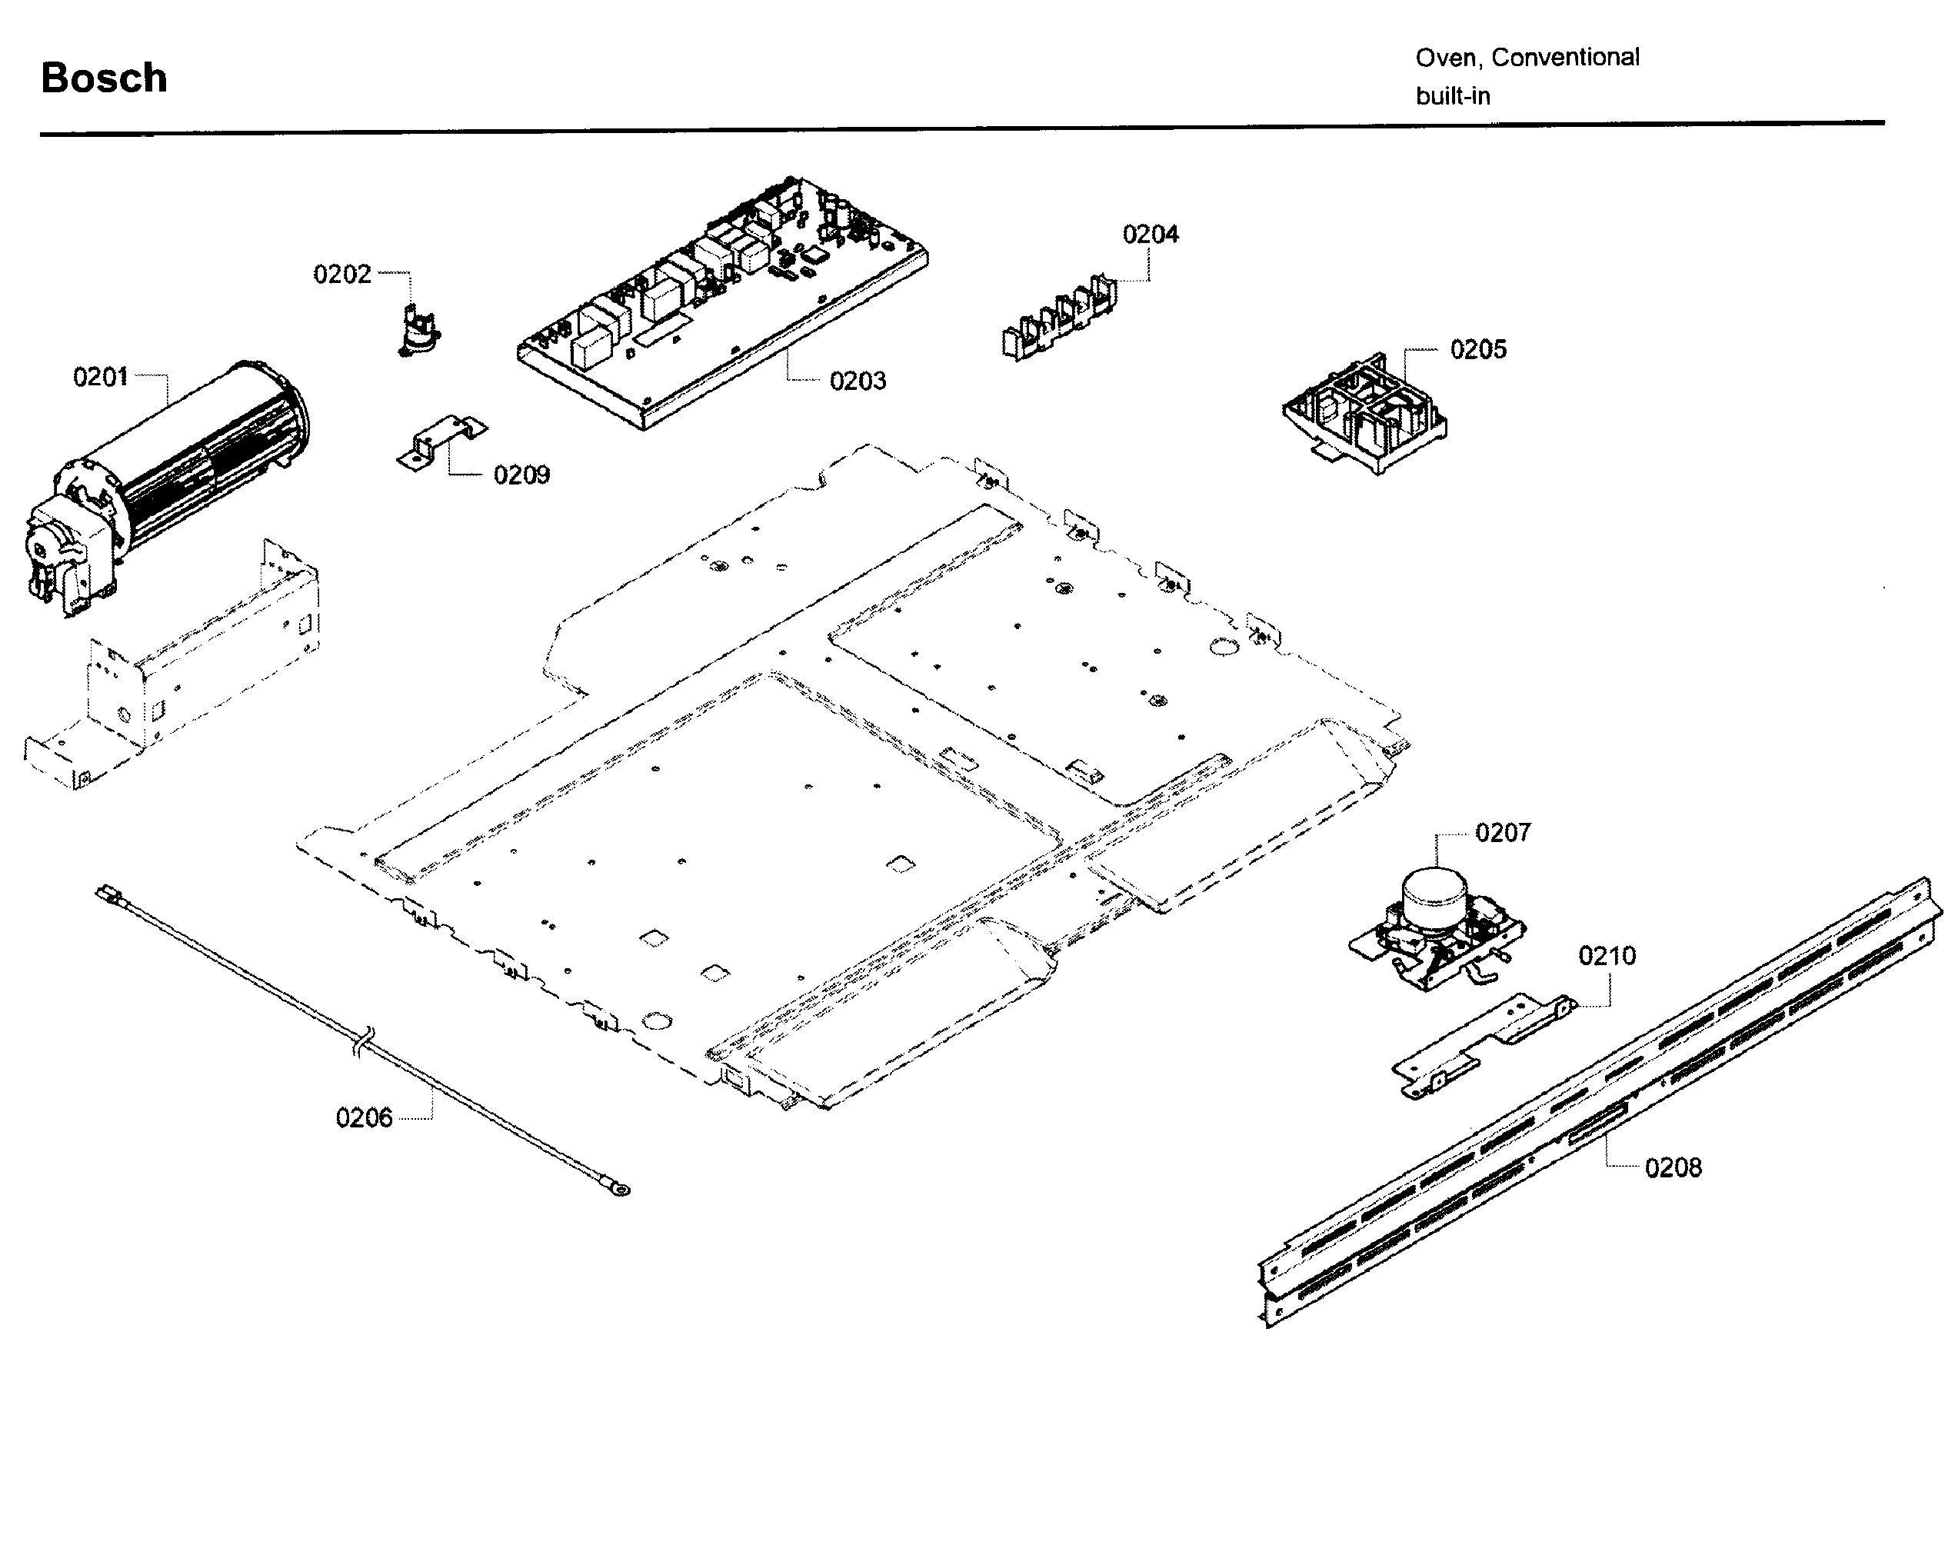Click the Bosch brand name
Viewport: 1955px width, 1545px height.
[104, 78]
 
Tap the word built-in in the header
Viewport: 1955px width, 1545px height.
[1452, 96]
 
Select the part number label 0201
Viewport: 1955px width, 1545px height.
[101, 376]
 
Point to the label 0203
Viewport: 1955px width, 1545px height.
[857, 381]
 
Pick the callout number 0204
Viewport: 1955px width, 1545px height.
[1150, 235]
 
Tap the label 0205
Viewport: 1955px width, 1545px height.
[1477, 349]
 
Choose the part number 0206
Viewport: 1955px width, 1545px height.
[364, 1118]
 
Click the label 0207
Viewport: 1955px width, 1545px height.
[1503, 832]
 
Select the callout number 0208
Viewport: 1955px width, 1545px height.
[1673, 1168]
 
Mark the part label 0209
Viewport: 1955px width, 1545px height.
[521, 475]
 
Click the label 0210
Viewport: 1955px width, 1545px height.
[1607, 956]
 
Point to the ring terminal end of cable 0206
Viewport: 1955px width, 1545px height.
[621, 1190]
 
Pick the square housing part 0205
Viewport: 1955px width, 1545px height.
[1364, 415]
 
